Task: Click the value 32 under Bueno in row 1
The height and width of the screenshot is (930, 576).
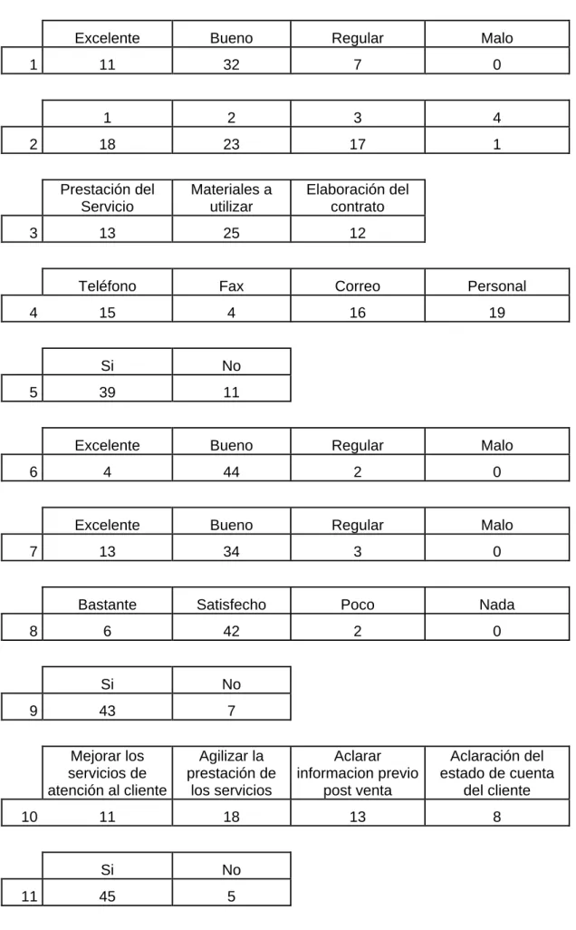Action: click(x=231, y=64)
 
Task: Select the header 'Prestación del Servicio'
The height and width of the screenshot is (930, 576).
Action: click(x=107, y=199)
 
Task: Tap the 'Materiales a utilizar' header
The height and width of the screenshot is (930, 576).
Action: click(x=231, y=199)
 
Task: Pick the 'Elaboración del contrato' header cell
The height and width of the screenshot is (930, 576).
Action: click(x=358, y=199)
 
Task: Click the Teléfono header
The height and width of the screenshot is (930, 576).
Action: click(x=107, y=286)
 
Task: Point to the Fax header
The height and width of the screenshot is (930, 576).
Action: click(x=231, y=286)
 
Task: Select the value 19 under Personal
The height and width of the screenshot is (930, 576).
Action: click(x=496, y=313)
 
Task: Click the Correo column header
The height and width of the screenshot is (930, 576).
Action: click(x=358, y=286)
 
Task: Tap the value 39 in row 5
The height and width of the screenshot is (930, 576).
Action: click(x=107, y=392)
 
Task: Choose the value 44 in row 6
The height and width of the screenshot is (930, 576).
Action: click(x=231, y=472)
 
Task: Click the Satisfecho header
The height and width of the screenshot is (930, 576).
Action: click(x=231, y=605)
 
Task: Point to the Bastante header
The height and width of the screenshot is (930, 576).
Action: click(x=107, y=605)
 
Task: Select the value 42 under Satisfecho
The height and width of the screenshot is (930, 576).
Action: click(x=231, y=631)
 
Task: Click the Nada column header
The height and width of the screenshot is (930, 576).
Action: click(x=496, y=605)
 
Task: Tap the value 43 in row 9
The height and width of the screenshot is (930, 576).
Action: click(x=107, y=711)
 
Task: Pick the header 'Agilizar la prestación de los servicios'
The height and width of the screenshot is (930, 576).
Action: click(x=231, y=773)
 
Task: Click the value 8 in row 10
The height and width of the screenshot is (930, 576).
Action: click(x=496, y=817)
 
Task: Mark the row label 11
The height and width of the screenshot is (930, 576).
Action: click(x=29, y=896)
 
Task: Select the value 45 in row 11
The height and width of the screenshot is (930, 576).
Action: click(x=107, y=896)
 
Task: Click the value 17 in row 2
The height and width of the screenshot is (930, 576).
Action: click(x=358, y=144)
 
